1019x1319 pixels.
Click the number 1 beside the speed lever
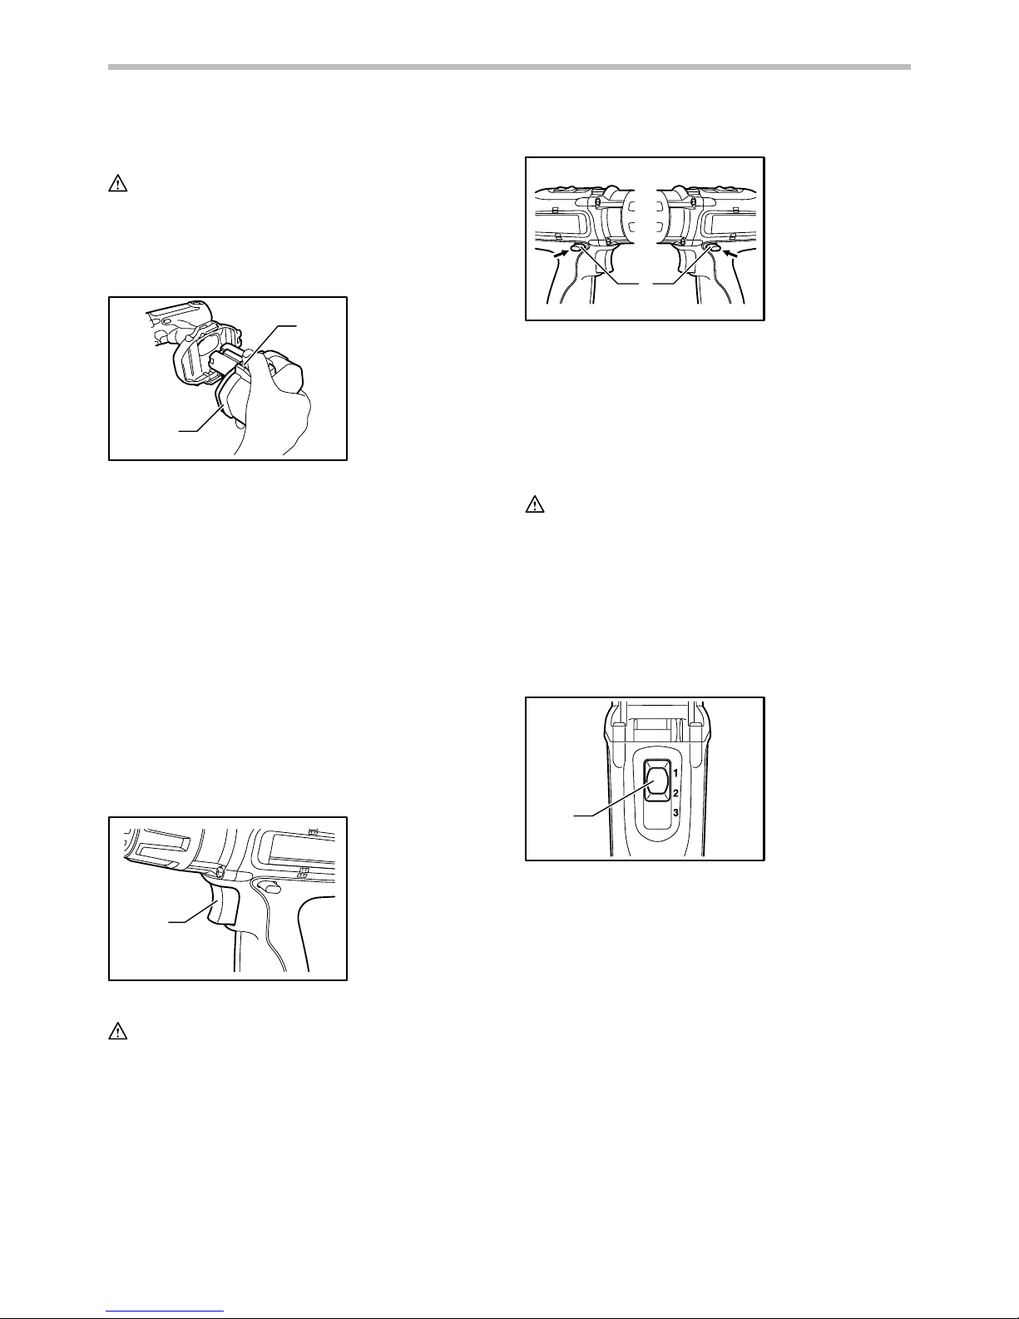point(675,773)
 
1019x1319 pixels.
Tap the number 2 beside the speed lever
point(675,792)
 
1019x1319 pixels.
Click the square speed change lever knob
point(656,781)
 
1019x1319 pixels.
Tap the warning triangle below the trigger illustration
point(116,1031)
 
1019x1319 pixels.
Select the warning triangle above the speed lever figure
point(532,504)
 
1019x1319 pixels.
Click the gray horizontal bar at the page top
point(509,67)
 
